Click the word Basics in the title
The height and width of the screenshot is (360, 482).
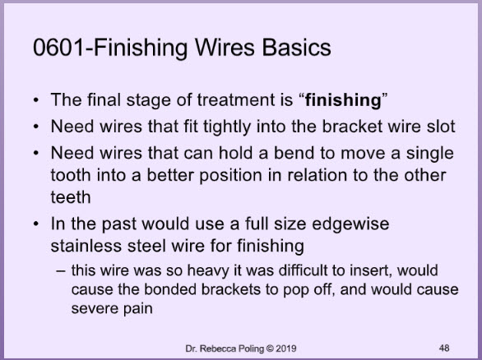[x=296, y=48]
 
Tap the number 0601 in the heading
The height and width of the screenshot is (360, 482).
[x=58, y=48]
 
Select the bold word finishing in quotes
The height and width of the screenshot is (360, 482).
[x=343, y=100]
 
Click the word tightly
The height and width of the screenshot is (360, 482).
[x=226, y=127]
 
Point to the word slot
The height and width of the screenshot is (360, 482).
[x=441, y=127]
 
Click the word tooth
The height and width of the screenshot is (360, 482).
[x=71, y=175]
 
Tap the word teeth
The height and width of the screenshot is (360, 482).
[x=71, y=197]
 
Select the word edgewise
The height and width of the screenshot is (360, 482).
[x=350, y=224]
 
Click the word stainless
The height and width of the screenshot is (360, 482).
[x=86, y=246]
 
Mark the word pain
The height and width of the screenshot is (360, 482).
[x=137, y=309]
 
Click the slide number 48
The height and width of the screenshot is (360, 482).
[x=444, y=348]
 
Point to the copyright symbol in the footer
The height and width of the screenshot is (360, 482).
[x=270, y=348]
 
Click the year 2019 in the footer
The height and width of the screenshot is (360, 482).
[x=286, y=348]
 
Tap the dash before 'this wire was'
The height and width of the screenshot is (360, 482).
[x=61, y=271]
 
